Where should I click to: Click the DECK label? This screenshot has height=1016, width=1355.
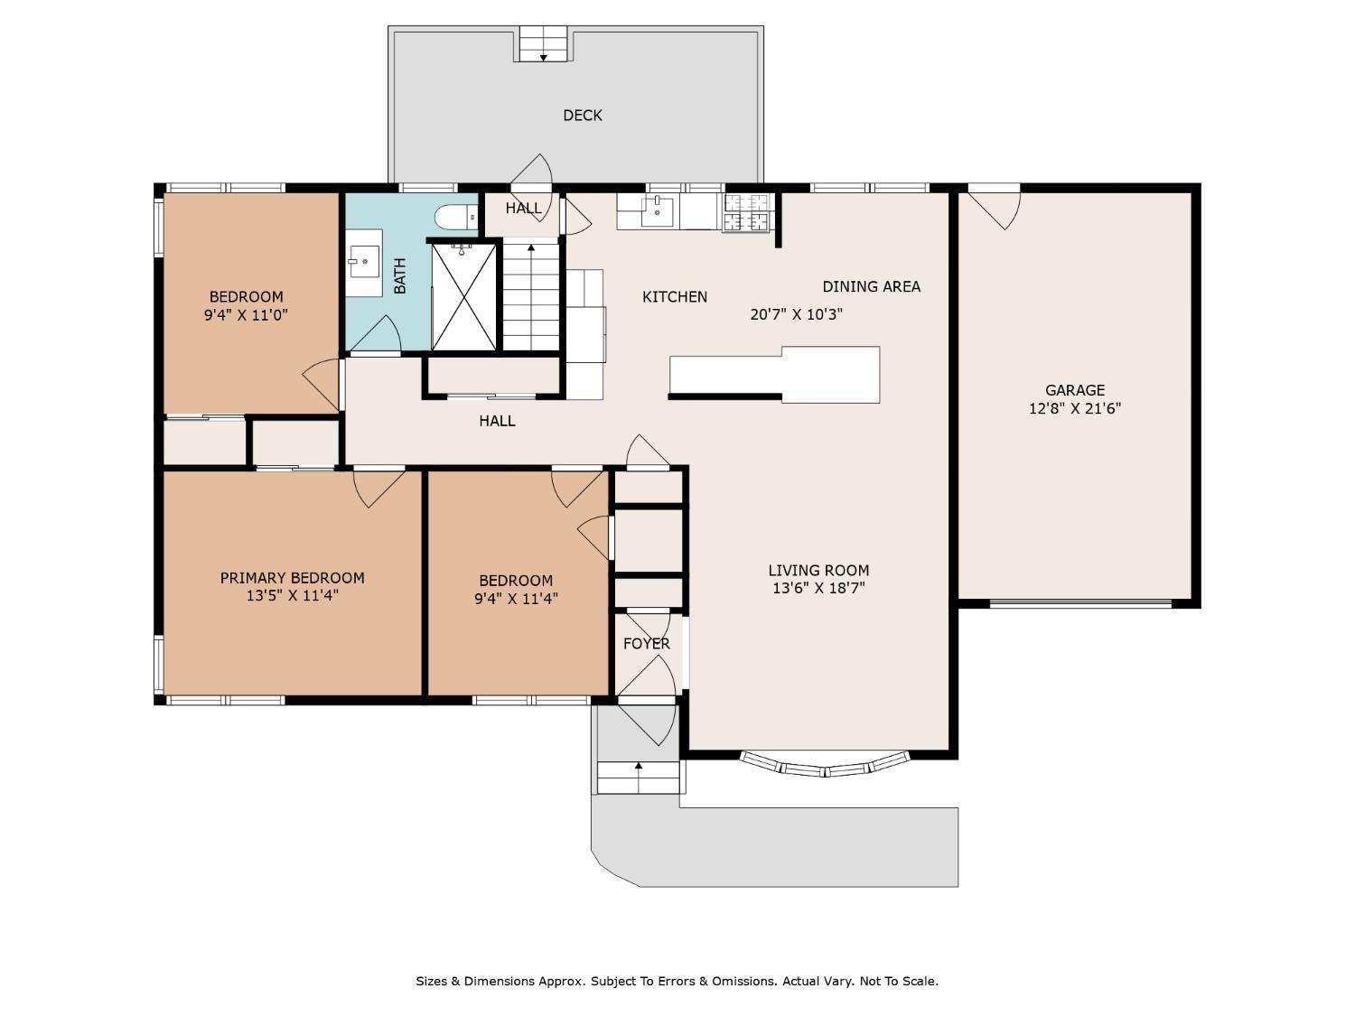pos(582,116)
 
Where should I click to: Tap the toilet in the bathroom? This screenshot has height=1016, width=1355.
pos(456,217)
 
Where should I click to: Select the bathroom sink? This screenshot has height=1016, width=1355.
pos(364,262)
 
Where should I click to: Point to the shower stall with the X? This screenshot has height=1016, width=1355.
pos(463,297)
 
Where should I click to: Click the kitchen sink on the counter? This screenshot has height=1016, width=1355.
pos(657,211)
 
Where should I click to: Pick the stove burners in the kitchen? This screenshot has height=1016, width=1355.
pos(747,213)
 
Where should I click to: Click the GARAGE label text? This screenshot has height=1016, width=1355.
pos(1075,390)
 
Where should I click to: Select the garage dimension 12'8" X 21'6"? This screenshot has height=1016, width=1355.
pos(1075,408)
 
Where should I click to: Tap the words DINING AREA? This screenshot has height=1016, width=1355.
pos(871,286)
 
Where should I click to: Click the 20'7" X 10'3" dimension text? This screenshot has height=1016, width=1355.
pos(797,314)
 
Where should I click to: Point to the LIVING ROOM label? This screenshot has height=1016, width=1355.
pos(818,570)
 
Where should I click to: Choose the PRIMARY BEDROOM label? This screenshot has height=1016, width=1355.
pos(292,577)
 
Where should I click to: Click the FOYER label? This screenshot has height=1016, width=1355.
pos(646,643)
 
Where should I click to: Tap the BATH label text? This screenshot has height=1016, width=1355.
pos(400,275)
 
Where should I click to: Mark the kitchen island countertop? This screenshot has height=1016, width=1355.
pos(775,375)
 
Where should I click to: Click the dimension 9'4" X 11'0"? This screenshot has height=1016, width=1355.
pos(246,315)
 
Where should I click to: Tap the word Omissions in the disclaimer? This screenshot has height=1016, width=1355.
pos(746,981)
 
